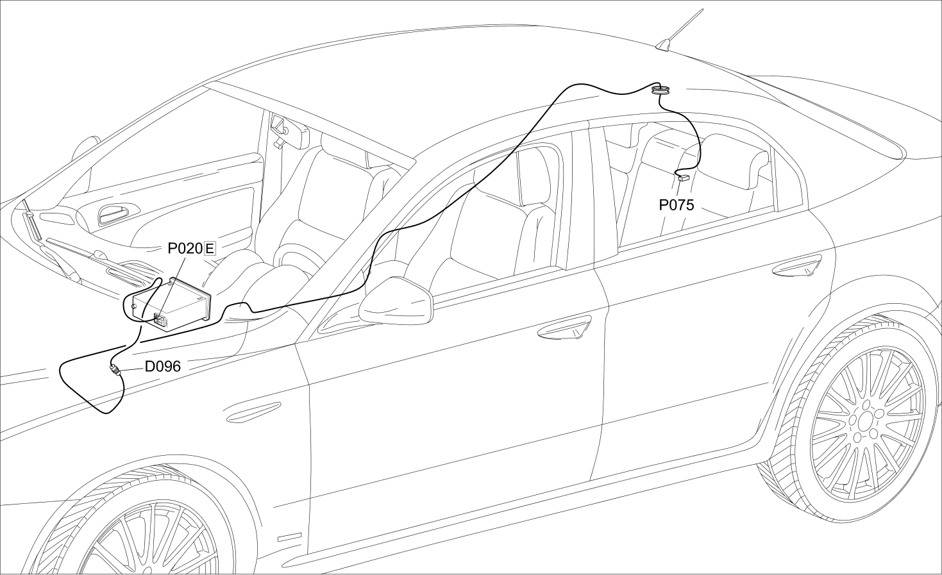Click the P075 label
tap(677, 205)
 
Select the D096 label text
tap(163, 367)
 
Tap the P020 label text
tap(185, 249)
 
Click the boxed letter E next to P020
tap(210, 249)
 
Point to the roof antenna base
tap(664, 46)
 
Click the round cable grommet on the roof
tap(661, 90)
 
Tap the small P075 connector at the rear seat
tap(684, 178)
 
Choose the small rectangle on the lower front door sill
tap(290, 537)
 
